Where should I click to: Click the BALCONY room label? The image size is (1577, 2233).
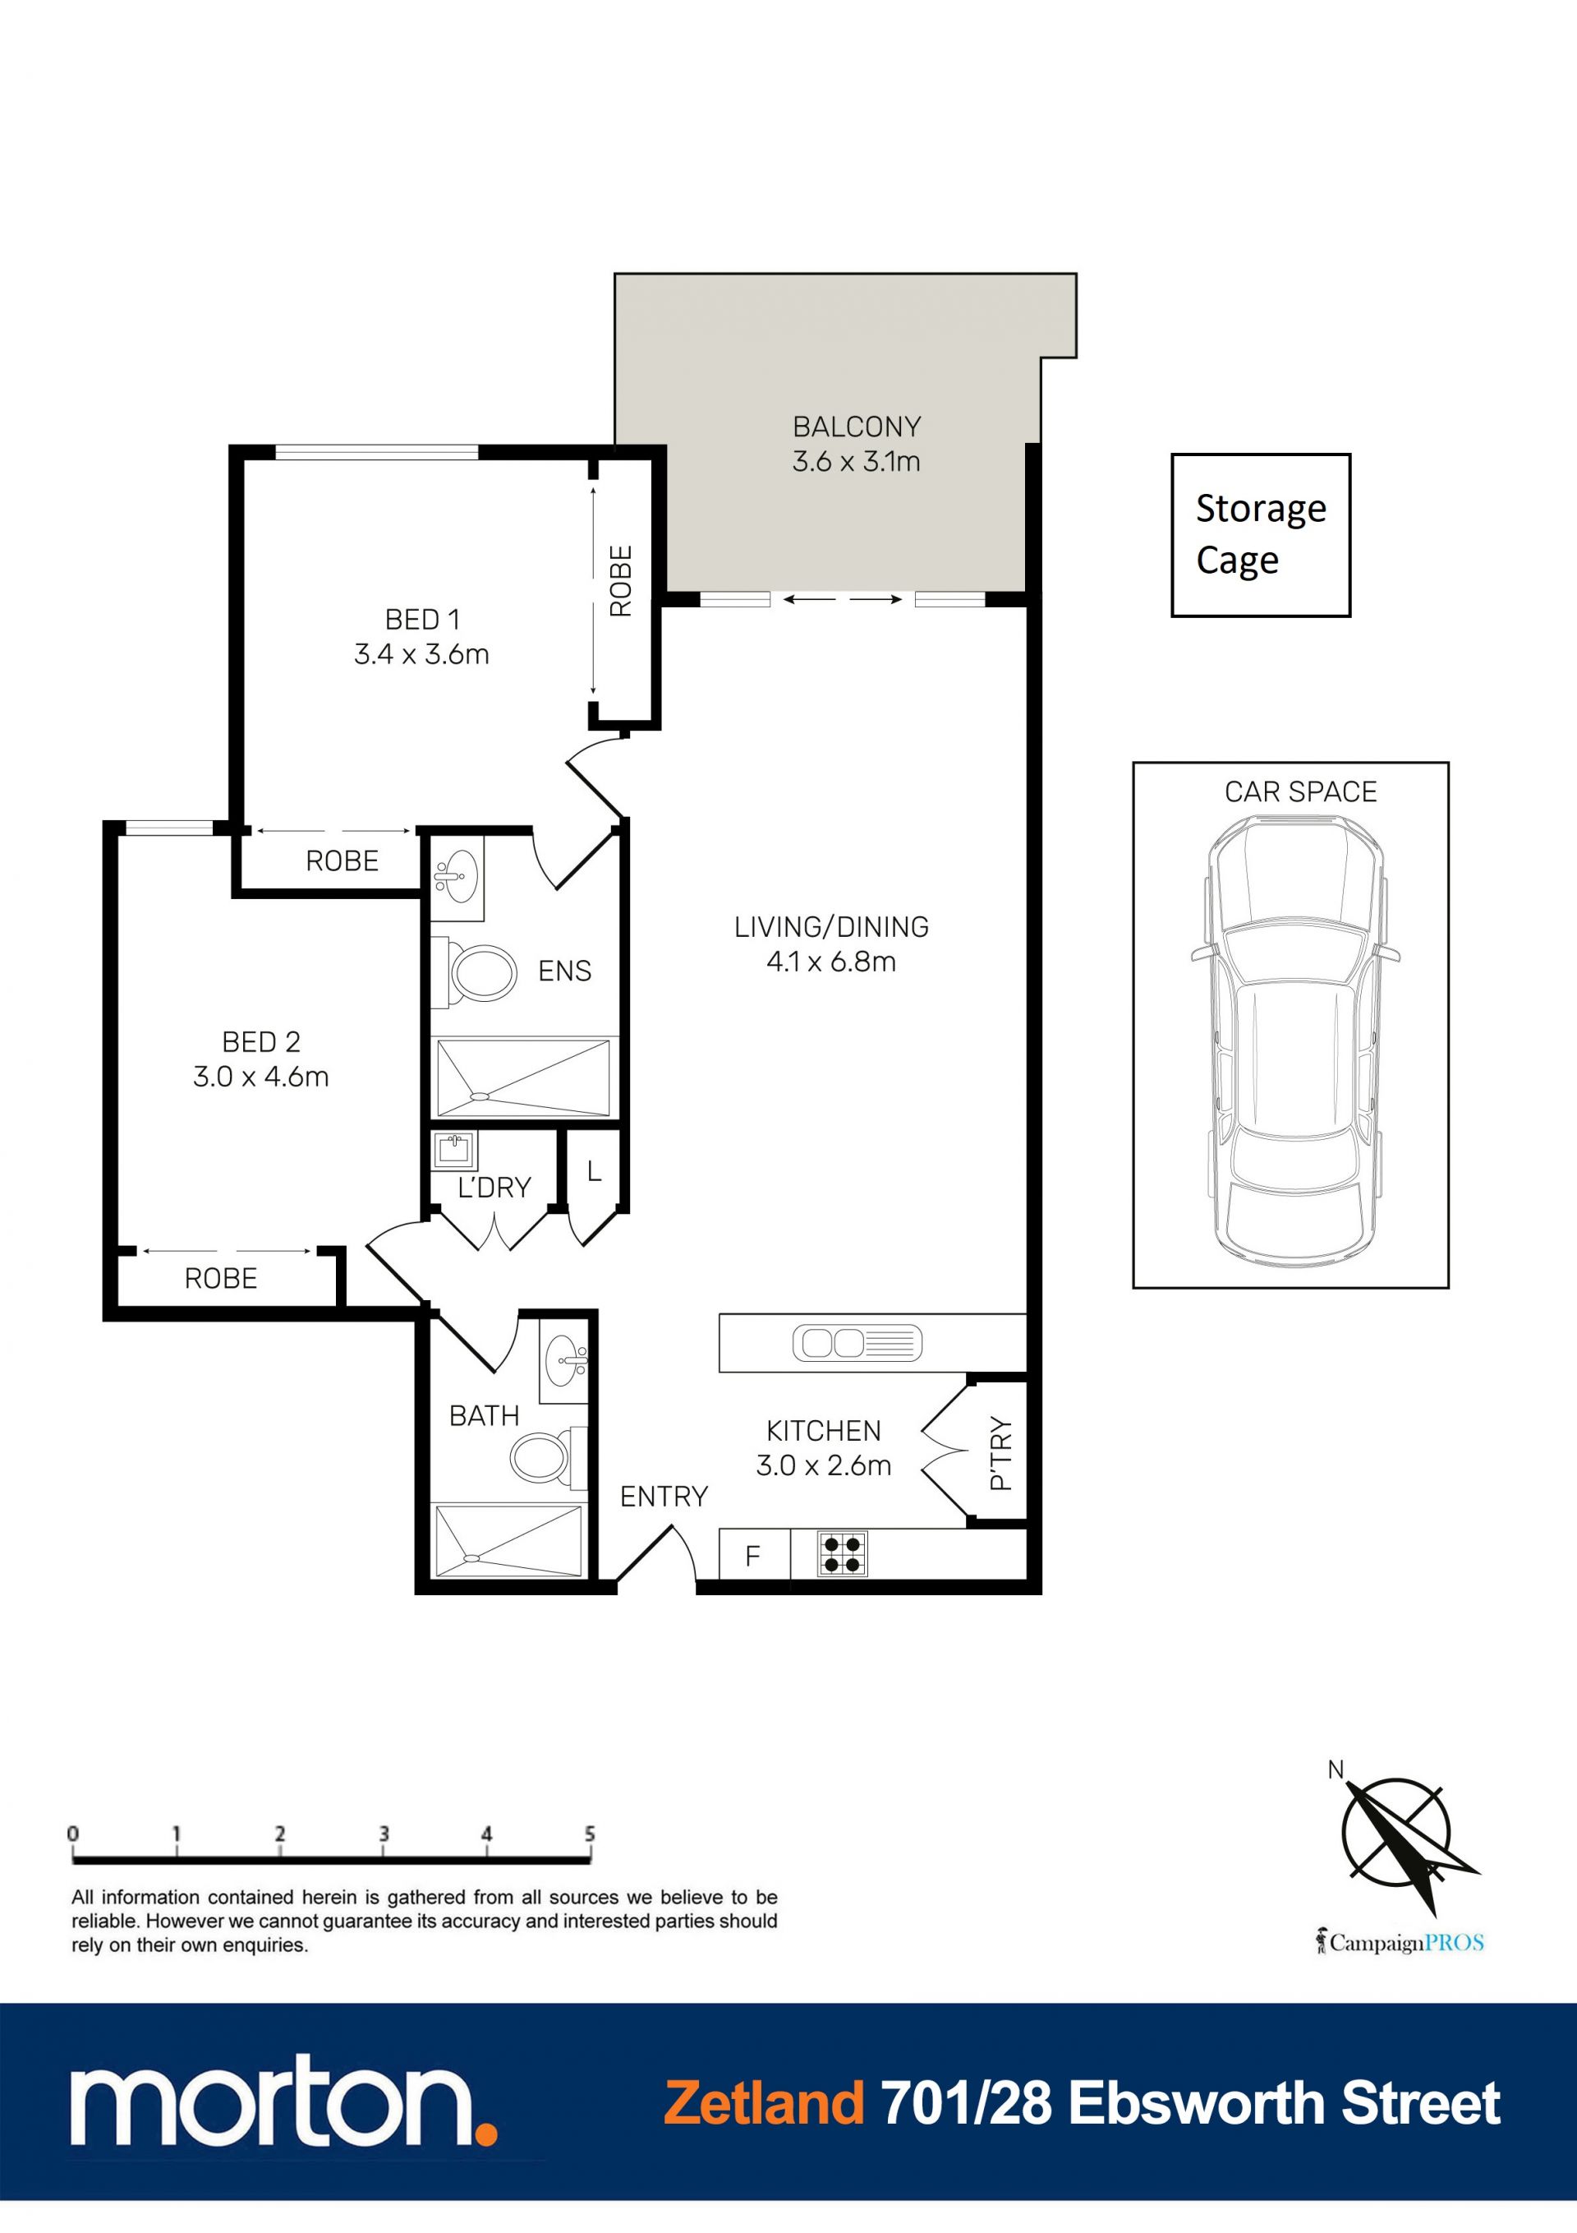(x=857, y=427)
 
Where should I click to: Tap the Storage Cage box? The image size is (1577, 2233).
(x=1260, y=535)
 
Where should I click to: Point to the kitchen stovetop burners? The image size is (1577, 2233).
(x=841, y=1553)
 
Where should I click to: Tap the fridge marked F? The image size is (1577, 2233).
(x=753, y=1555)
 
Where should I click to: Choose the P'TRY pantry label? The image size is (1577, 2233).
(x=1000, y=1453)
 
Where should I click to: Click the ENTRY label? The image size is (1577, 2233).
(x=664, y=1496)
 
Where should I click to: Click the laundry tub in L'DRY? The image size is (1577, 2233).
(x=454, y=1151)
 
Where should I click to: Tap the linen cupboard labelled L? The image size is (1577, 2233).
(x=594, y=1171)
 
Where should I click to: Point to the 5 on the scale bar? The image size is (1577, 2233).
(x=589, y=1834)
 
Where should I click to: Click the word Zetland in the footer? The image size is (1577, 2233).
(x=764, y=2104)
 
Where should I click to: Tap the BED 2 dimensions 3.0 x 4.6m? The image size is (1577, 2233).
(x=260, y=1077)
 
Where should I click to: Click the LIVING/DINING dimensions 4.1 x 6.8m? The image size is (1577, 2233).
(x=831, y=962)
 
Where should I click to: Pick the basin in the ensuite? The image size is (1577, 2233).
(x=456, y=874)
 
